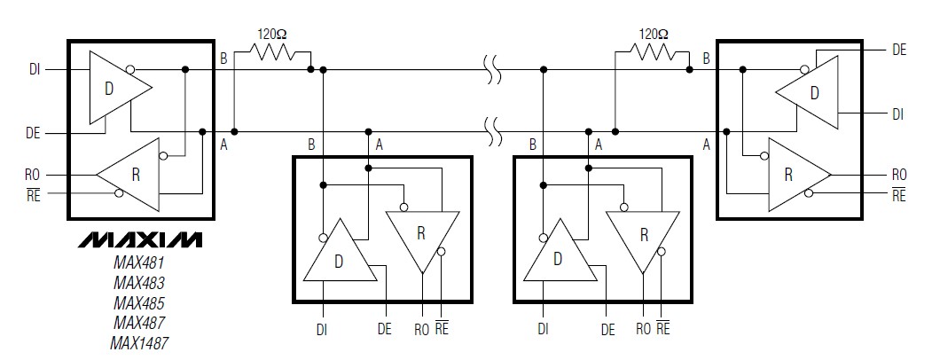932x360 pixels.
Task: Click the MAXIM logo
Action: [x=139, y=240]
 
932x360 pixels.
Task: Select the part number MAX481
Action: [x=138, y=263]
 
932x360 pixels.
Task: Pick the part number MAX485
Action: [x=138, y=303]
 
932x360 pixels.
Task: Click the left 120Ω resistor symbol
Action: [x=272, y=55]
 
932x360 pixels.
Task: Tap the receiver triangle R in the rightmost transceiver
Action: [x=794, y=174]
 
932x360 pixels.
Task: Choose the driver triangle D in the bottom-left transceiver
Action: [x=336, y=257]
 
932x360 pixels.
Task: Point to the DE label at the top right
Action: [x=898, y=51]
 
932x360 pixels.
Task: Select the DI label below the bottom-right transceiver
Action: [x=542, y=329]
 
